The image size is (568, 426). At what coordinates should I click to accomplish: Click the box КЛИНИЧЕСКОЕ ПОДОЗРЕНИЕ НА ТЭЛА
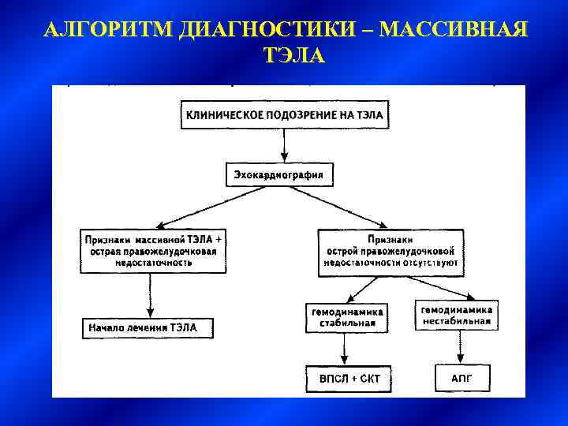(x=284, y=115)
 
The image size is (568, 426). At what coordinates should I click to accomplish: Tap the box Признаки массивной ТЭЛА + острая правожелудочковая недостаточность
(x=153, y=251)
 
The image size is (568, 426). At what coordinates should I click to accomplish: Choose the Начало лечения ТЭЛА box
(x=149, y=327)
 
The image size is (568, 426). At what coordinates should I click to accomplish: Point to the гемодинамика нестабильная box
(x=456, y=315)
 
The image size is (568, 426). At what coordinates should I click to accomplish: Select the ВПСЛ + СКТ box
(x=349, y=379)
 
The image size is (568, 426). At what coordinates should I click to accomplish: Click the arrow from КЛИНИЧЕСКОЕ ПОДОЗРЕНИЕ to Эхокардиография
(x=283, y=146)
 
